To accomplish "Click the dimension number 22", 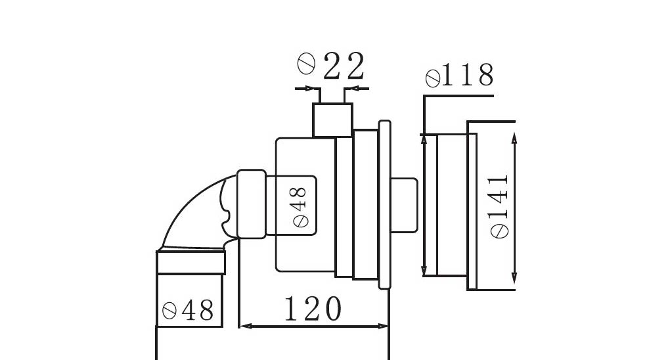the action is (x=344, y=66).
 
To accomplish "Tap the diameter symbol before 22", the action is (x=307, y=64).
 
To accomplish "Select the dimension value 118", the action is (x=468, y=75).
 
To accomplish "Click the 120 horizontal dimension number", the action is (x=313, y=308).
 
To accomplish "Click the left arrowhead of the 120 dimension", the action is (x=246, y=326).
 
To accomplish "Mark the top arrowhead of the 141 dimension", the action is (x=514, y=138).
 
